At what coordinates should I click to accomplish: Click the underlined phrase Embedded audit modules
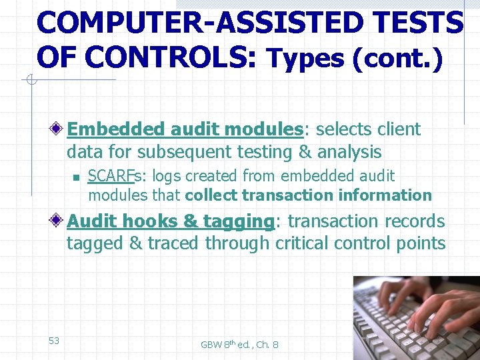tap(185, 129)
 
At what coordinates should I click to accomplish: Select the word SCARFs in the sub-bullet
tap(110, 176)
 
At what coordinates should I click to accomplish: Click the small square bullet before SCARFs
tap(76, 177)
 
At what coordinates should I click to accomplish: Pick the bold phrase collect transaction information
tap(308, 195)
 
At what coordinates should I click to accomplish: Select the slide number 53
tap(54, 341)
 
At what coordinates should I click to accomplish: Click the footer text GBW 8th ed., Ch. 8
tap(239, 345)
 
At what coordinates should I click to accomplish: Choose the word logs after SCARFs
tap(167, 176)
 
